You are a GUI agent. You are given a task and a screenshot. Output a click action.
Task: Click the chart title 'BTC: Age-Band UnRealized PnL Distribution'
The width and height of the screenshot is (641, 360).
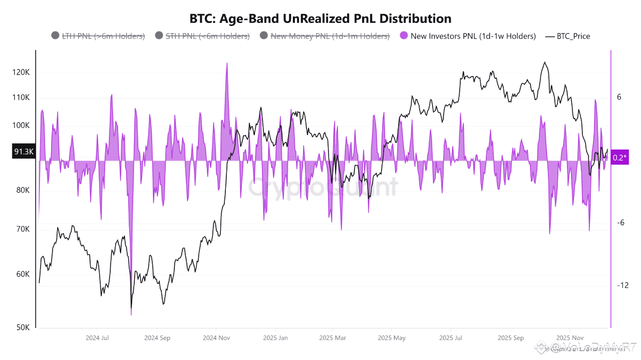[x=320, y=18]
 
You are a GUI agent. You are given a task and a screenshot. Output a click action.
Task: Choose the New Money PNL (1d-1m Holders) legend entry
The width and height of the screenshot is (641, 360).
[x=325, y=36]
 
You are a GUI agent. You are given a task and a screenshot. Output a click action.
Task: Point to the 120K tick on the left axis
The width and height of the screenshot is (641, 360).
[x=21, y=72]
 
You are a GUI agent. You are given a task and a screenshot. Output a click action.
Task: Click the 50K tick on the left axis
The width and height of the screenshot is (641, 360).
[x=23, y=327]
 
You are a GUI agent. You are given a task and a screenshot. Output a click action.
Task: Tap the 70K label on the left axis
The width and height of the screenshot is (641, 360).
[x=23, y=229]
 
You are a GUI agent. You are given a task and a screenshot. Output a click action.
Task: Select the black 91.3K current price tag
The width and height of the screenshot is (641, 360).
[x=24, y=151]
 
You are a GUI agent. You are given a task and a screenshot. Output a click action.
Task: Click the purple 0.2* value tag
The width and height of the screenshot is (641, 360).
[x=620, y=157]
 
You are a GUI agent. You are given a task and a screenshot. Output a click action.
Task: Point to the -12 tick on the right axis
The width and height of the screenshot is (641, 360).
[x=622, y=285]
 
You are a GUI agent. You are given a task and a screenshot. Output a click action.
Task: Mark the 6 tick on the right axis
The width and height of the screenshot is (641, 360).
[x=619, y=97]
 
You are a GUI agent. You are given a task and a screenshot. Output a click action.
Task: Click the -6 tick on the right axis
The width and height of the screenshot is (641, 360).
[x=620, y=222]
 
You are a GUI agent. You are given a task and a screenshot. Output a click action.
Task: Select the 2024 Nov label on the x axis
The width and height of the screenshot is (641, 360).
[x=216, y=338]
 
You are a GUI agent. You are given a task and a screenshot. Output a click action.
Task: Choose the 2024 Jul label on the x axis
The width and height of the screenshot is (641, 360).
[x=98, y=338]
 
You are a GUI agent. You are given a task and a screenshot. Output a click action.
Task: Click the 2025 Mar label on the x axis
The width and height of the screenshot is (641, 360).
[x=333, y=338]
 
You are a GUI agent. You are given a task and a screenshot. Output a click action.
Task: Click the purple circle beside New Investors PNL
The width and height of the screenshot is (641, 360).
[x=404, y=36]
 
